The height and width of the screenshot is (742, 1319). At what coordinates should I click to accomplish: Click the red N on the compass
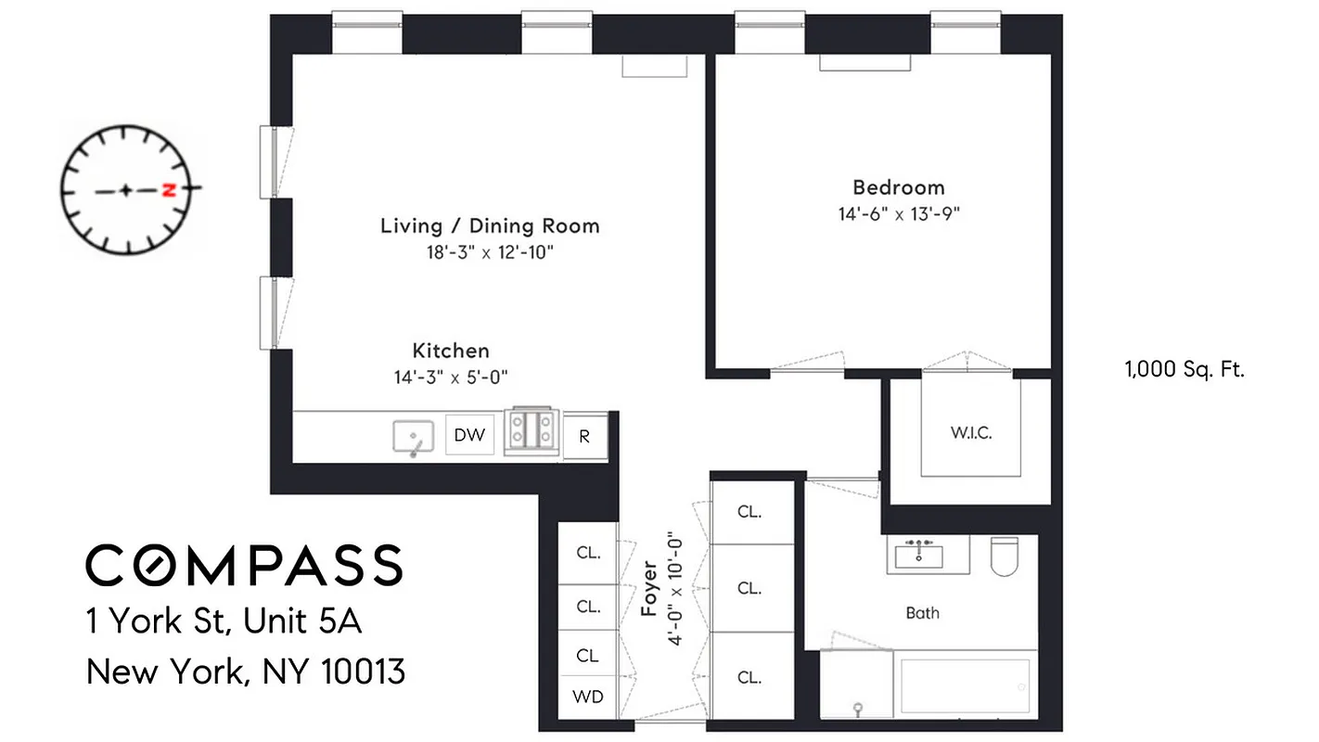pyautogui.click(x=168, y=190)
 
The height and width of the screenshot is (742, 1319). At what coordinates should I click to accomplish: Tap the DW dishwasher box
pyautogui.click(x=469, y=435)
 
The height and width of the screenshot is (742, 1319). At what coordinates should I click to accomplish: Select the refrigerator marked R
pyautogui.click(x=584, y=436)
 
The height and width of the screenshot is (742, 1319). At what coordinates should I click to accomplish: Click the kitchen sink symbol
pyautogui.click(x=414, y=436)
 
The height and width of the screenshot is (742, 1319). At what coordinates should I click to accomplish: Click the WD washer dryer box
pyautogui.click(x=588, y=697)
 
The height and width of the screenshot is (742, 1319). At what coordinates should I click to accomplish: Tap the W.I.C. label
pyautogui.click(x=971, y=433)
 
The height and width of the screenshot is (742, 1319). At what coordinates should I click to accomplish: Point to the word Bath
pyautogui.click(x=922, y=612)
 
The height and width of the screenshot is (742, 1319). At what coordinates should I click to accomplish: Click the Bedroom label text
pyautogui.click(x=898, y=186)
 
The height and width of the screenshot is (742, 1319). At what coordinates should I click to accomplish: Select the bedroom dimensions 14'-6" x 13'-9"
pyautogui.click(x=898, y=213)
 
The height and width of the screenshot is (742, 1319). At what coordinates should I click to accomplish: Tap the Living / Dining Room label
pyautogui.click(x=490, y=225)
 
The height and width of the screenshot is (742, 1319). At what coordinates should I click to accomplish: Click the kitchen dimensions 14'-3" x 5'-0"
pyautogui.click(x=451, y=377)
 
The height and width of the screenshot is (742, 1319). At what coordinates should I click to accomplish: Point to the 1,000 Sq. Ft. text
pyautogui.click(x=1184, y=369)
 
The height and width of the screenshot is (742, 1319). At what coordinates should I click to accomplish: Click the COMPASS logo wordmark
pyautogui.click(x=244, y=565)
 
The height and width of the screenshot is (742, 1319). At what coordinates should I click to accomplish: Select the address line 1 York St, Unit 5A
pyautogui.click(x=223, y=621)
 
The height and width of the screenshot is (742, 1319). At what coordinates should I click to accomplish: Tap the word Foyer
pyautogui.click(x=650, y=588)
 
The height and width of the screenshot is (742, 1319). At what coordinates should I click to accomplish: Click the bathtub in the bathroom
pyautogui.click(x=965, y=688)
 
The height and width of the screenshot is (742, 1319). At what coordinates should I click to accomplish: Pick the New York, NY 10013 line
pyautogui.click(x=246, y=671)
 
